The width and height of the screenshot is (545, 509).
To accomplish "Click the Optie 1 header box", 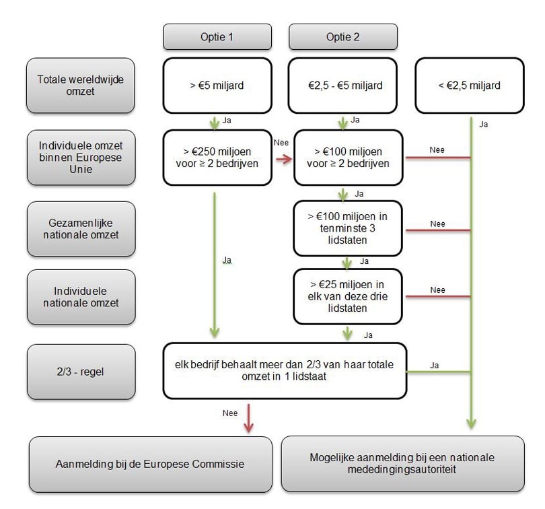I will point(217,37).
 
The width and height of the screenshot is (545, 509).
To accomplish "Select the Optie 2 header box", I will point(343,37).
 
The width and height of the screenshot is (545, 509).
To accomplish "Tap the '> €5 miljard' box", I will point(217,86).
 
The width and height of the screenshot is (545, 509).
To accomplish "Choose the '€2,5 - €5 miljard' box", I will point(345,86).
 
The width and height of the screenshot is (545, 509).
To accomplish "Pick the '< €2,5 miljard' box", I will point(469,86).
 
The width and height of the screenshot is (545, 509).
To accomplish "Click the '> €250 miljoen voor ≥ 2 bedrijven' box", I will point(217,158).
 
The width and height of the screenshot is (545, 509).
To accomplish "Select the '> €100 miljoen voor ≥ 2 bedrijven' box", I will point(348,158).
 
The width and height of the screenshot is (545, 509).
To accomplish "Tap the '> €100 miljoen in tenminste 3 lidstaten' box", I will point(347,228).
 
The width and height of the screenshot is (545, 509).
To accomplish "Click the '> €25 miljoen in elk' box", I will point(347,296).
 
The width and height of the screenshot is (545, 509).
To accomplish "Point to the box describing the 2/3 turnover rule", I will point(285,371).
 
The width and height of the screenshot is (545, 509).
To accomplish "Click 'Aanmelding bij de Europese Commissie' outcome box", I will point(151,464).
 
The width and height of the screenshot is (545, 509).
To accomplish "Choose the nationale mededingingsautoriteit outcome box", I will point(402,464).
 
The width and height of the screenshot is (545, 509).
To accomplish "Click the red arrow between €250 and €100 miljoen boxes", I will point(283,159).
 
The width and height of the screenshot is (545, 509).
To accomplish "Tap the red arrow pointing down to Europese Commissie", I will point(249,417).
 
